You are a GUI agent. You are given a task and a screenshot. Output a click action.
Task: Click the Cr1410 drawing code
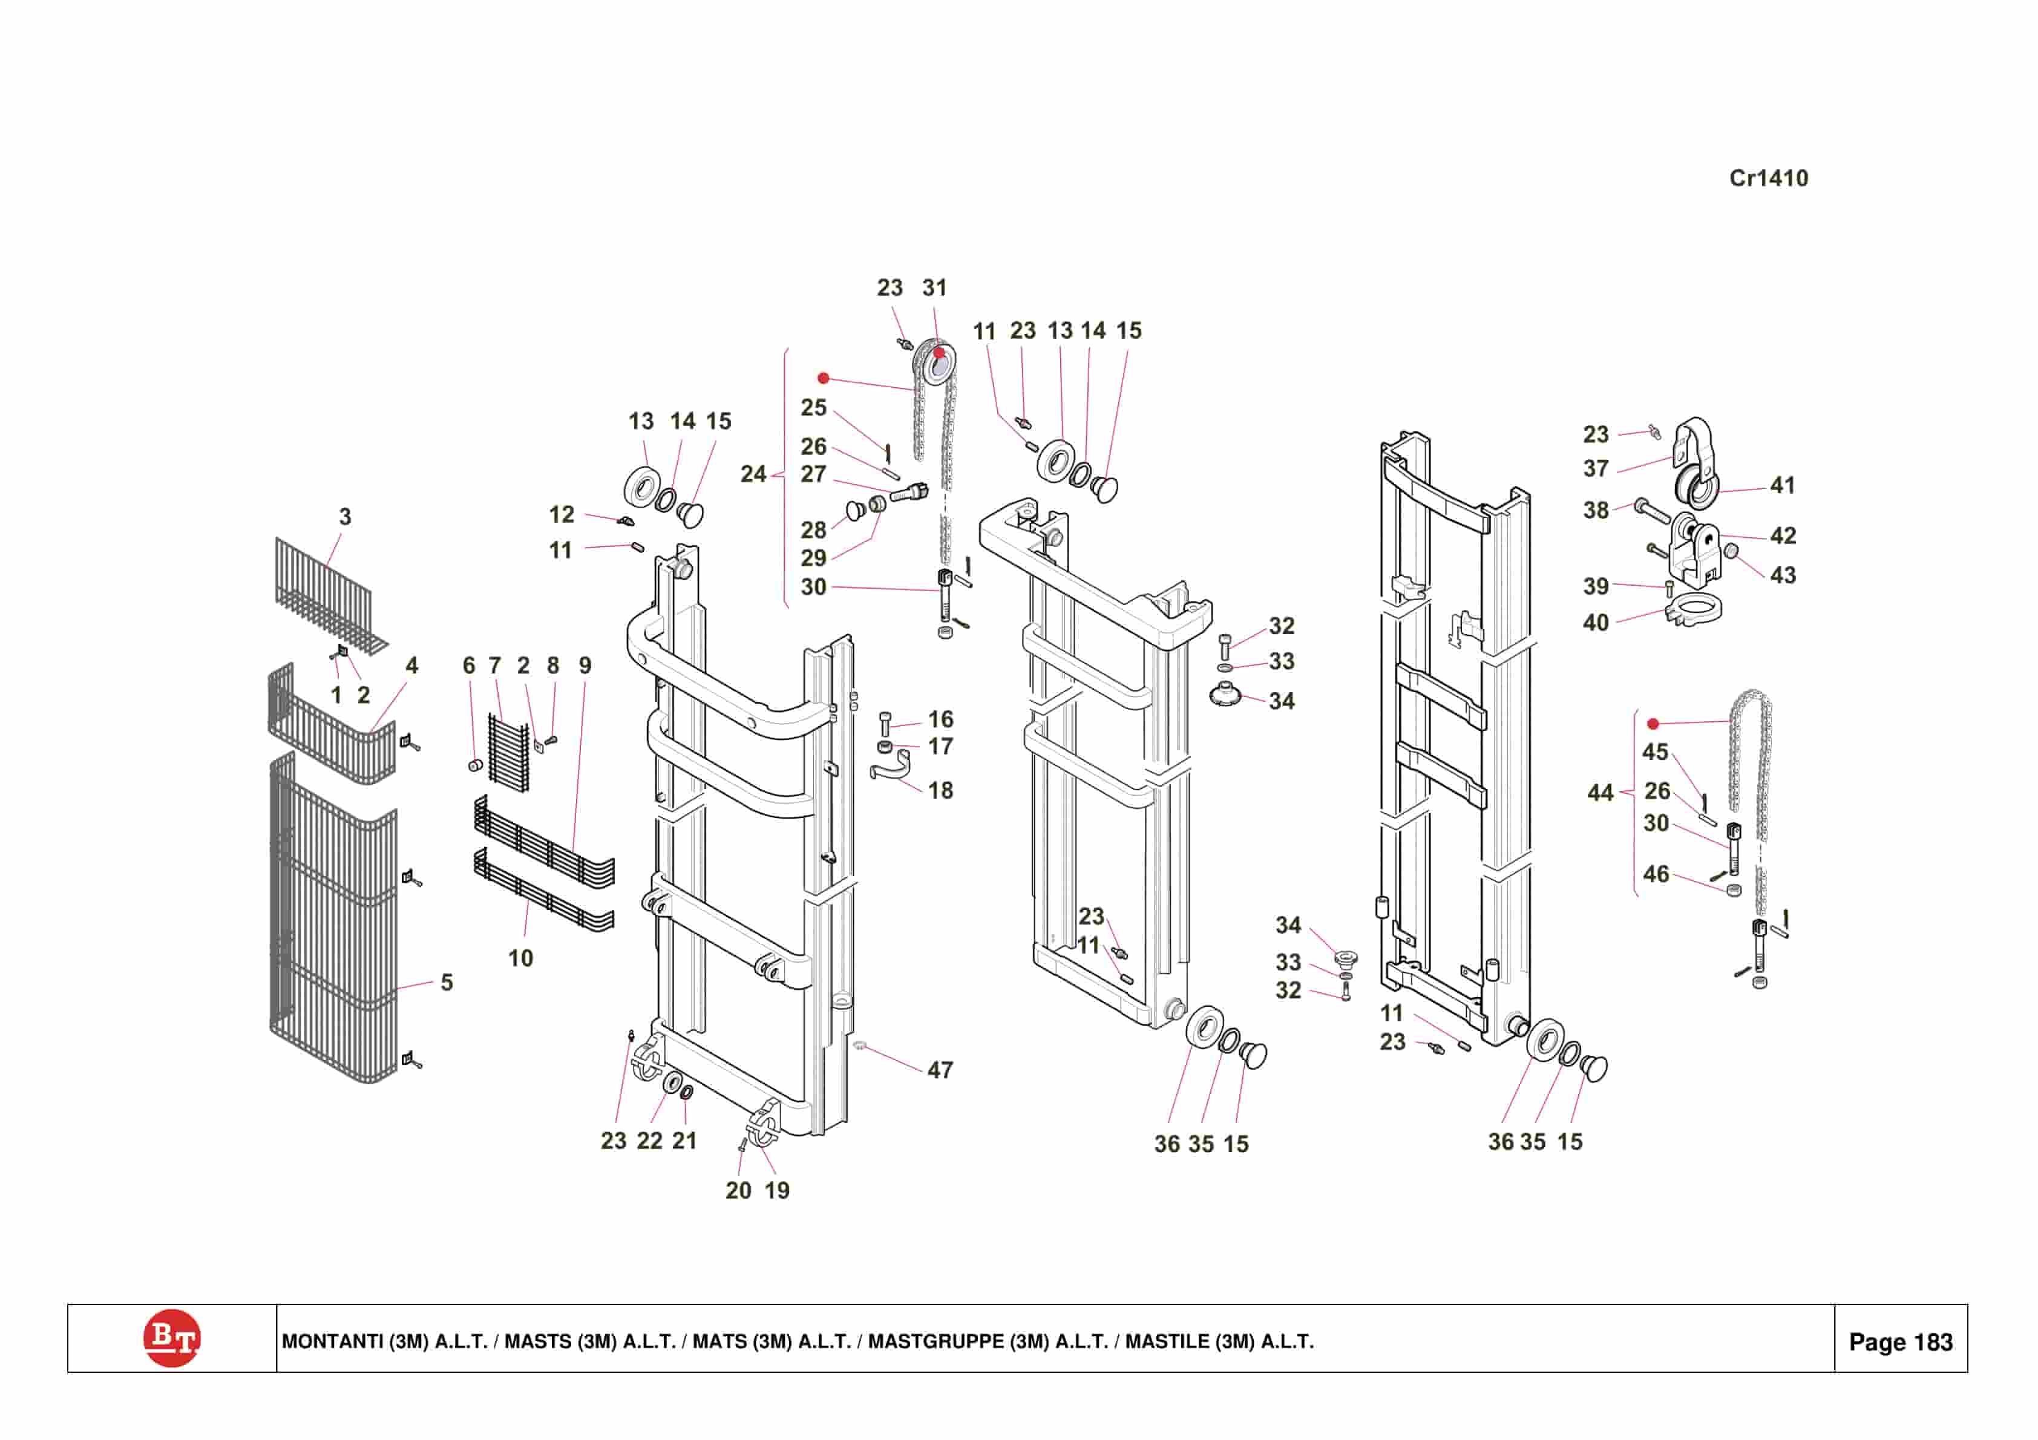pyautogui.click(x=1768, y=178)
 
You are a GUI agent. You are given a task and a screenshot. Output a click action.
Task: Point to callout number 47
pyautogui.click(x=940, y=1071)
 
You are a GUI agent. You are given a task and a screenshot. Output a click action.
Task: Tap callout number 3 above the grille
pyautogui.click(x=346, y=517)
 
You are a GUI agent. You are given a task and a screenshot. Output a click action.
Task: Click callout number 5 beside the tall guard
pyautogui.click(x=447, y=983)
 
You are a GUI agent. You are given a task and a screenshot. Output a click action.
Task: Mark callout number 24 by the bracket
pyautogui.click(x=753, y=474)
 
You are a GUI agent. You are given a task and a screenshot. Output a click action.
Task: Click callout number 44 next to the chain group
pyautogui.click(x=1599, y=792)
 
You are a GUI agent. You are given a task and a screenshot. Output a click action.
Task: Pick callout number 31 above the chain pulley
pyautogui.click(x=935, y=287)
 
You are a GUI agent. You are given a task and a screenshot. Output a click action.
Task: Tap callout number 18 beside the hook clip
pyautogui.click(x=940, y=790)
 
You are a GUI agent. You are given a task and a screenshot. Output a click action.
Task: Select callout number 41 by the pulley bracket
pyautogui.click(x=1783, y=486)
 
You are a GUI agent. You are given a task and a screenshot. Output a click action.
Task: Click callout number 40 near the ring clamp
pyautogui.click(x=1595, y=623)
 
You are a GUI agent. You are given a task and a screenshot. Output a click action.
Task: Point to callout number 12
pyautogui.click(x=561, y=514)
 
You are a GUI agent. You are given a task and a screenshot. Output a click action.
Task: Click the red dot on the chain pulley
pyautogui.click(x=939, y=353)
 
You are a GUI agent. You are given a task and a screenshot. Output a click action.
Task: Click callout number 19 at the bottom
pyautogui.click(x=777, y=1191)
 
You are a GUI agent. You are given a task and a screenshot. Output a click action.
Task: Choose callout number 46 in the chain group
pyautogui.click(x=1656, y=874)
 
